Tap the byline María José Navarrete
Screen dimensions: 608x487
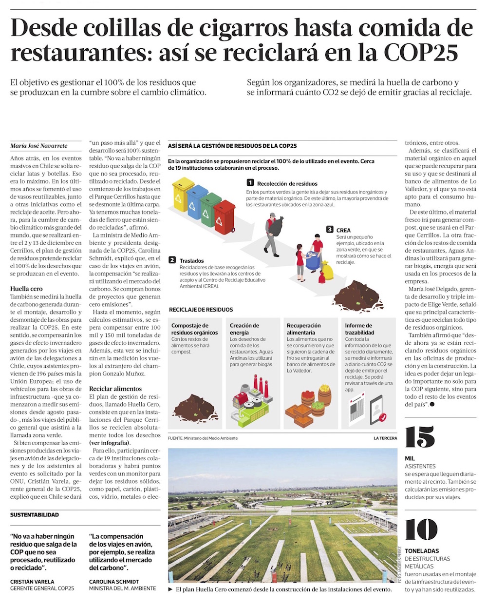pos(39,146)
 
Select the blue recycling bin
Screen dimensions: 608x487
pos(197,201)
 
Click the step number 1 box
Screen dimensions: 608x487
pos(250,183)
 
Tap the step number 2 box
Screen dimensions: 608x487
pos(172,260)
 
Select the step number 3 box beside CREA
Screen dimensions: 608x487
pos(330,230)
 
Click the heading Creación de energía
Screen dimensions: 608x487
pos(244,329)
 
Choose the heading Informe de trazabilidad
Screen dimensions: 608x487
pos(359,329)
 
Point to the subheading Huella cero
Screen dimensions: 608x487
pos(26,289)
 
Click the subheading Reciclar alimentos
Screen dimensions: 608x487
pos(115,389)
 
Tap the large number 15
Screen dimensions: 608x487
pos(419,437)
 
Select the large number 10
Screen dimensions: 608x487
pos(421,529)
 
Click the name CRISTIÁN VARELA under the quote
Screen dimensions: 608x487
pos(32,582)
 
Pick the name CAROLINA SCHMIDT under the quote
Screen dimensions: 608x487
pos(114,582)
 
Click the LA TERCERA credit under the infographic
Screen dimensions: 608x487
pos(385,438)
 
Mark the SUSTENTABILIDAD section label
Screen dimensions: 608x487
pos(35,515)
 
